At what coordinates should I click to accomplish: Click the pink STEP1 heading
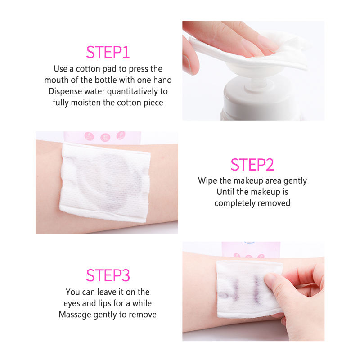(x=108, y=52)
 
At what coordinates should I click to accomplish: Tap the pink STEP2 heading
(x=252, y=165)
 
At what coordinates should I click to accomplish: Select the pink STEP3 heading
(x=108, y=275)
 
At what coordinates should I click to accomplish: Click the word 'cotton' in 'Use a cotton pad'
(x=88, y=69)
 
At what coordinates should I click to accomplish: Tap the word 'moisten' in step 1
(x=86, y=103)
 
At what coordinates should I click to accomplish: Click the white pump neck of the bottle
(x=259, y=83)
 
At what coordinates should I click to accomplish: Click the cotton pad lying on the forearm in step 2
(x=105, y=183)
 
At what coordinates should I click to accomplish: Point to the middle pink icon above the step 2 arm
(x=105, y=137)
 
